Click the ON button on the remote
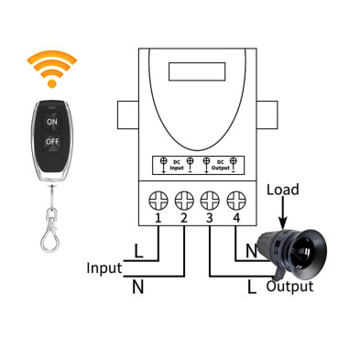tap(51, 121)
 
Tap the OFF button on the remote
tap(51, 143)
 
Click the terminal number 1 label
tap(158, 218)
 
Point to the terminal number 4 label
tap(236, 218)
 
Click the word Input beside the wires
tap(104, 268)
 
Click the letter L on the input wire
tap(137, 250)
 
